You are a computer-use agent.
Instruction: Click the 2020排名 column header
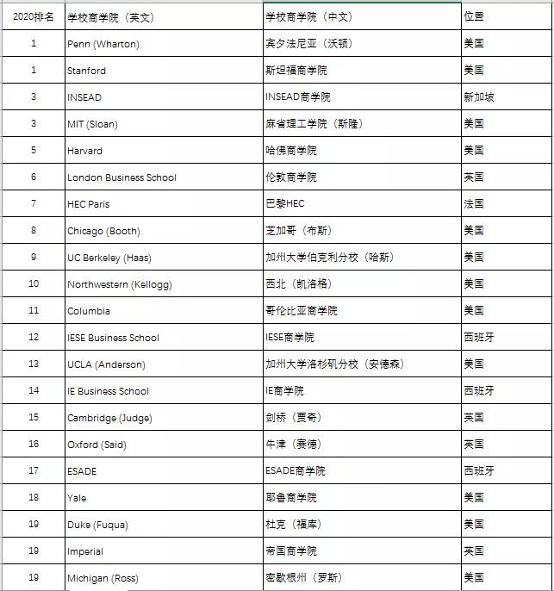tap(34, 16)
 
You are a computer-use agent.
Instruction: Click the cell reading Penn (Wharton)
tap(103, 44)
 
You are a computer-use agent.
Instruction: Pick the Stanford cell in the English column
tap(87, 71)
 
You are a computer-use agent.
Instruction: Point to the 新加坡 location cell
tap(479, 97)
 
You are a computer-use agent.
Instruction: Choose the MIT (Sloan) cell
tap(92, 124)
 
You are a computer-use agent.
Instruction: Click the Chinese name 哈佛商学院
tap(291, 151)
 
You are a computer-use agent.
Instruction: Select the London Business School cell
tap(121, 177)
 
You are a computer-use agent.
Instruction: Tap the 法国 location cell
tap(473, 204)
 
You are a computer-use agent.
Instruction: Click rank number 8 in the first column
tap(34, 231)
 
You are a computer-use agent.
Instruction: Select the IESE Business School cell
tap(113, 338)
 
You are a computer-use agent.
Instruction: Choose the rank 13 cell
tap(34, 364)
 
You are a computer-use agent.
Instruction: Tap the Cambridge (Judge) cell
tap(102, 418)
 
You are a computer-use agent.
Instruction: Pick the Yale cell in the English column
tap(77, 498)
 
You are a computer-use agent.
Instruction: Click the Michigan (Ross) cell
tap(103, 578)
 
